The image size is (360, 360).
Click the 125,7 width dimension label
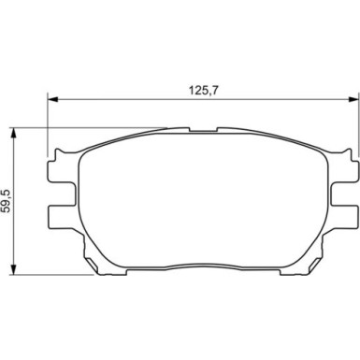coord(203,90)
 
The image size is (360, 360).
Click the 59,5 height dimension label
coord(7,201)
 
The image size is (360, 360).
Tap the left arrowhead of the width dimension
coord(52,99)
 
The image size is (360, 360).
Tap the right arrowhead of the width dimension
coord(353,99)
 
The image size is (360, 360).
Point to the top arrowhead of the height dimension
coord(13,134)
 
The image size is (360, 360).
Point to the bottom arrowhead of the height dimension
coord(13,269)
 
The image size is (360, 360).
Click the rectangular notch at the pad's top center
coord(203,130)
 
